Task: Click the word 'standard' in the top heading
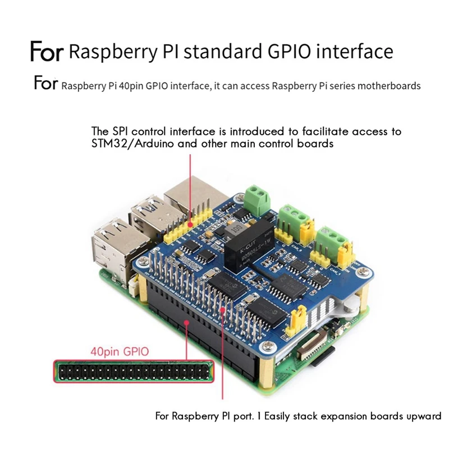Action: point(222,52)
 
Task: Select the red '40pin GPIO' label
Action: point(120,352)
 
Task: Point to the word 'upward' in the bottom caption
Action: point(424,416)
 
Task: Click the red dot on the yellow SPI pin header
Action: point(191,224)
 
